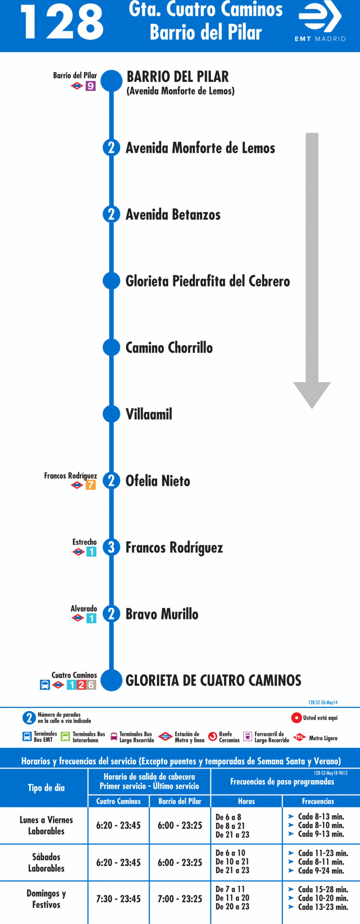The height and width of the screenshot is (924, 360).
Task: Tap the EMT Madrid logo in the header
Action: pos(320,21)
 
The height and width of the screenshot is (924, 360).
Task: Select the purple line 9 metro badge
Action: pos(90,86)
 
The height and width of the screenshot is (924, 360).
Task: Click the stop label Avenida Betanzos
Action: pos(173,215)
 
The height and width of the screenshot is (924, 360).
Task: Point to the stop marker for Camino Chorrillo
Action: pos(111,347)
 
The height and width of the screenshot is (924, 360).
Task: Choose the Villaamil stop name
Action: pos(149,414)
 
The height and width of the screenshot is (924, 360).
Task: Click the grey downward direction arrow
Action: pos(312,271)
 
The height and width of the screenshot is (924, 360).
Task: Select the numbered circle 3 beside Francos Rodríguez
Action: pos(111,547)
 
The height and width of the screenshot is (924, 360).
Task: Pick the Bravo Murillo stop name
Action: pos(162,614)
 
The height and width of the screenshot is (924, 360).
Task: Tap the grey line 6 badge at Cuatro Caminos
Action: pos(91,685)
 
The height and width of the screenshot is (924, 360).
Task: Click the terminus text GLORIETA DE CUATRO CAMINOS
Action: pos(213,680)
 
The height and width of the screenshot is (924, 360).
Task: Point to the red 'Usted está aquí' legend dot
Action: pos(296,718)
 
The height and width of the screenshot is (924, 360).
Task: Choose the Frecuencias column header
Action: pos(318,801)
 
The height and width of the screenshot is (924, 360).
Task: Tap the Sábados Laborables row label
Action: pos(46,862)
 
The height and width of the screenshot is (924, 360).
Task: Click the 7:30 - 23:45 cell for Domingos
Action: pos(118,899)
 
